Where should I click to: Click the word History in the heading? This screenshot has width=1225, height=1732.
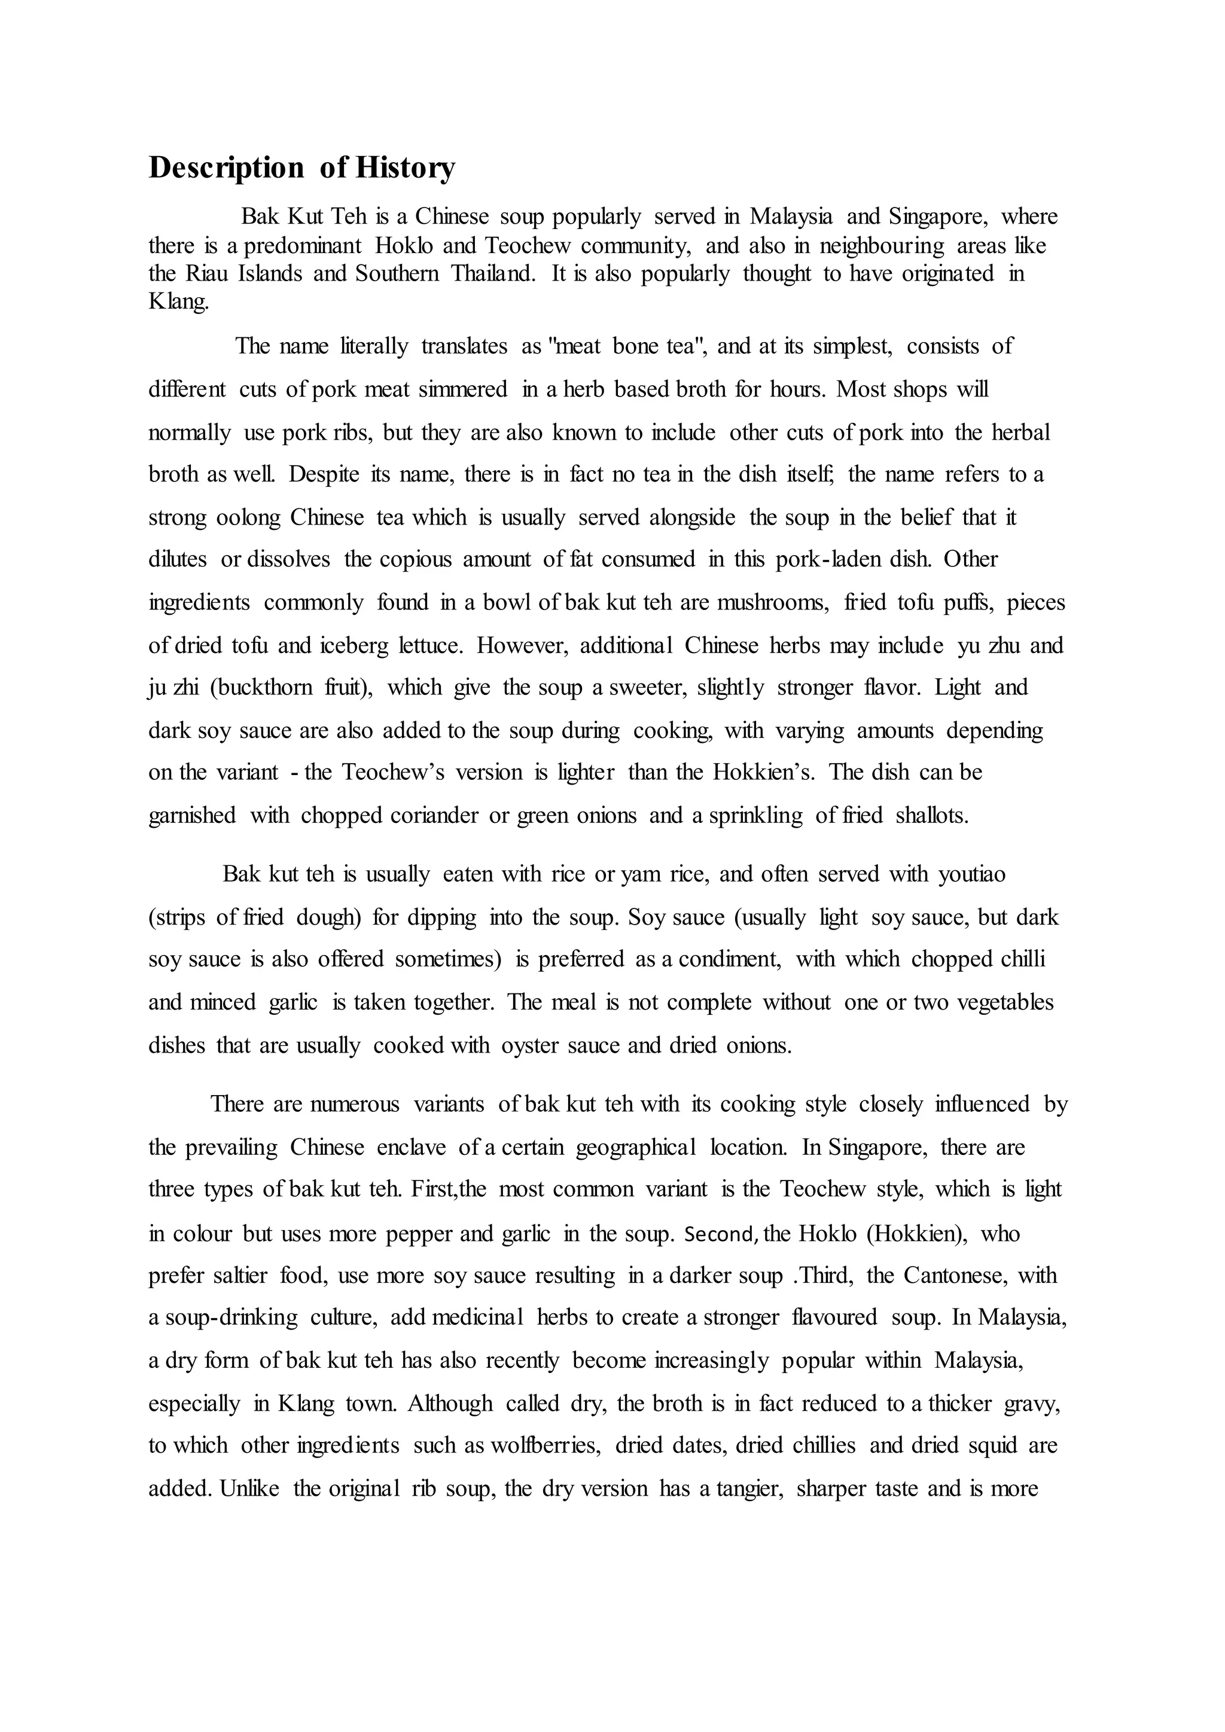click(405, 167)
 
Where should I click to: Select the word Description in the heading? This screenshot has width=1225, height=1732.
click(226, 167)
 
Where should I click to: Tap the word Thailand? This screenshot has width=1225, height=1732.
click(493, 273)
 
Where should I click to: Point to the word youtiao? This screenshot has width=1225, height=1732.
click(973, 874)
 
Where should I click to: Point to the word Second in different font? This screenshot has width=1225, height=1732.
click(720, 1234)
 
